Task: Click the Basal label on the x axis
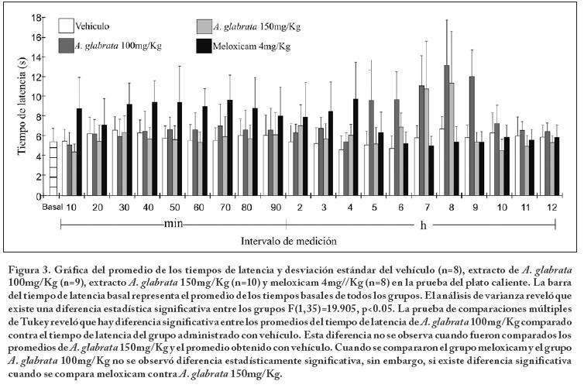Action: coord(51,207)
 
